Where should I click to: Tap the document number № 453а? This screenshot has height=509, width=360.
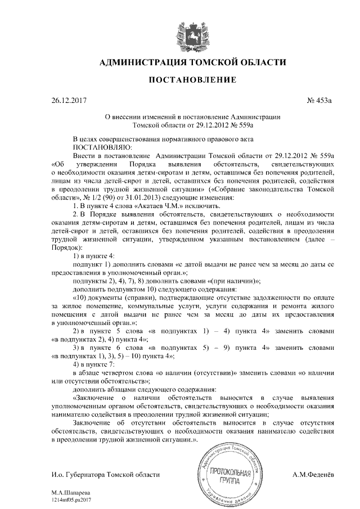[x=319, y=101]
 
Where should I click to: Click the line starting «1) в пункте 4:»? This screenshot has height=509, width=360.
[x=94, y=256]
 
